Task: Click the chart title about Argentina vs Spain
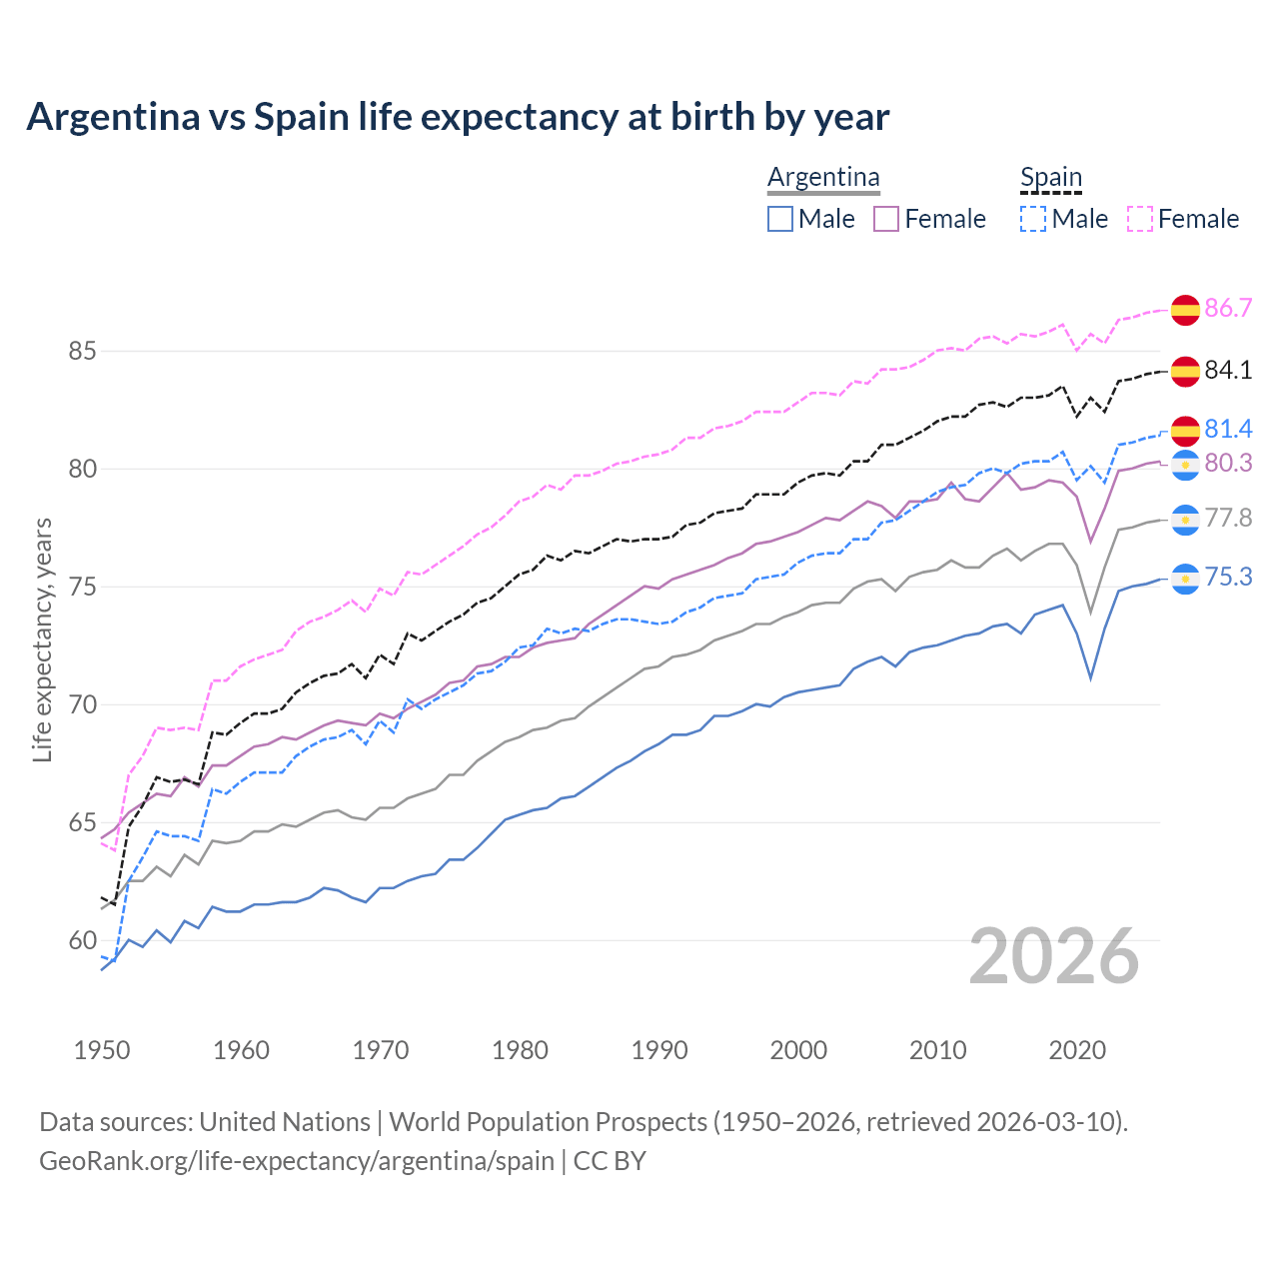(458, 117)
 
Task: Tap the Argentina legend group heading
(823, 178)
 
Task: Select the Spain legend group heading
(1050, 178)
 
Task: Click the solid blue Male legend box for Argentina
(780, 219)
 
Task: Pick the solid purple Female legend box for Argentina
(886, 219)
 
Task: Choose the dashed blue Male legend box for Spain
(1033, 219)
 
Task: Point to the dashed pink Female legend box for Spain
(1139, 219)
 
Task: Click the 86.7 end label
(1228, 308)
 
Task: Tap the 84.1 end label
(1228, 370)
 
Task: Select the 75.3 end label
(1228, 578)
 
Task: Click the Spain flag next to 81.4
(1185, 431)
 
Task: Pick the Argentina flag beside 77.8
(1185, 519)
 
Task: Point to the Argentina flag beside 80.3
(1185, 465)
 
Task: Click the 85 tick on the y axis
(82, 352)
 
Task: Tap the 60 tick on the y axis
(82, 941)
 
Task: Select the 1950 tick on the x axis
(102, 1050)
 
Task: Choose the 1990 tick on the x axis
(659, 1050)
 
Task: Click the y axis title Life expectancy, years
(42, 639)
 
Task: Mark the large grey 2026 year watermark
(1053, 956)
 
